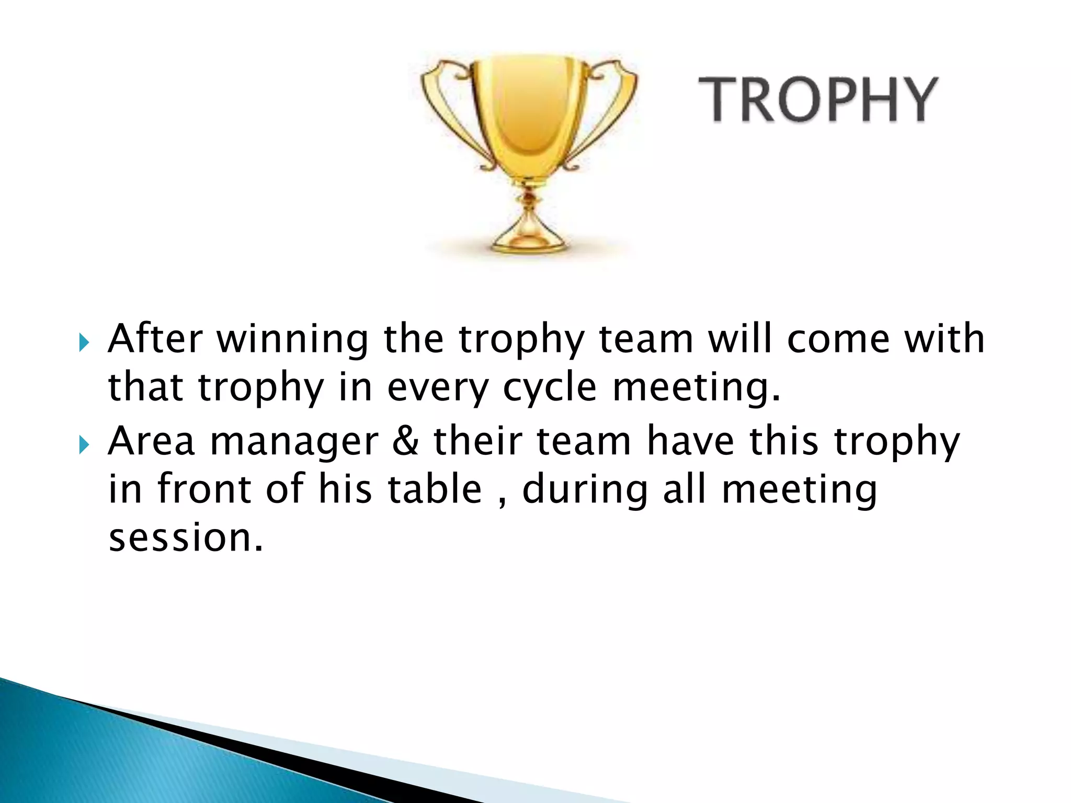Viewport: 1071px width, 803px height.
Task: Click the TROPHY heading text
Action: pyautogui.click(x=818, y=99)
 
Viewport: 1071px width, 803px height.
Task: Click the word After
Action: pyautogui.click(x=155, y=338)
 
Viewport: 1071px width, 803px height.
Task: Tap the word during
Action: pyautogui.click(x=585, y=490)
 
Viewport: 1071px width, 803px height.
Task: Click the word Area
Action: pyautogui.click(x=152, y=440)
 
